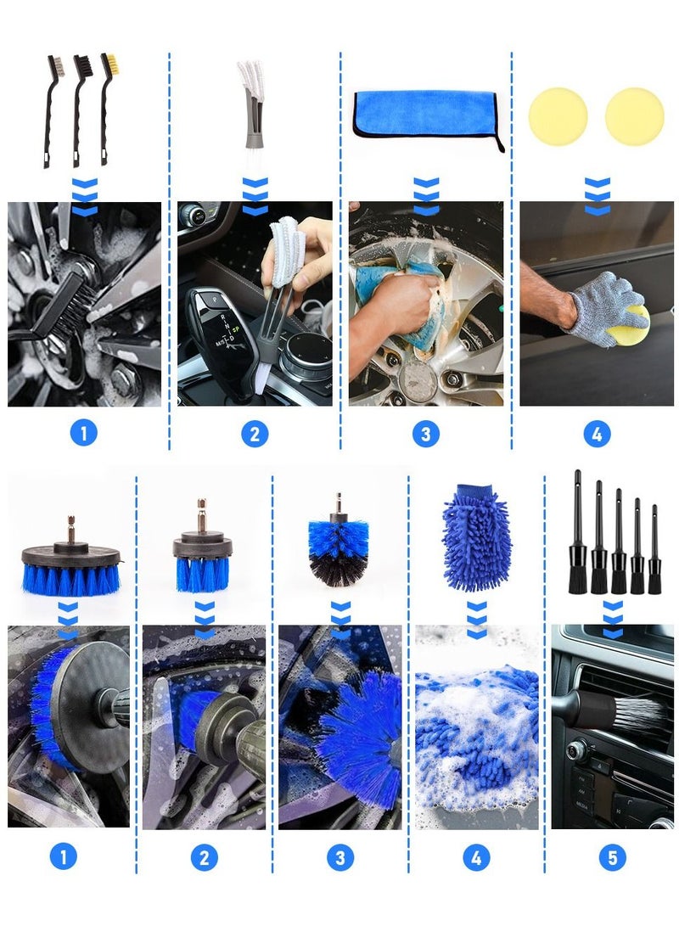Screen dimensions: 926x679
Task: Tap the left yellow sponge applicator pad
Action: [558, 116]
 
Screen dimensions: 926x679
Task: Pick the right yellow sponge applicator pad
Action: [634, 116]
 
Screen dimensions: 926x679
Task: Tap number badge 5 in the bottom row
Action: [612, 857]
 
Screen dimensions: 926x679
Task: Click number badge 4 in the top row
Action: [597, 434]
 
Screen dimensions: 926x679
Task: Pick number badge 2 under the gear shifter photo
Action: [254, 434]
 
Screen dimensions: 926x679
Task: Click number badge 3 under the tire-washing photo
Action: [425, 434]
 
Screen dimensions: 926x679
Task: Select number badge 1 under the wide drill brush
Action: [63, 857]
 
